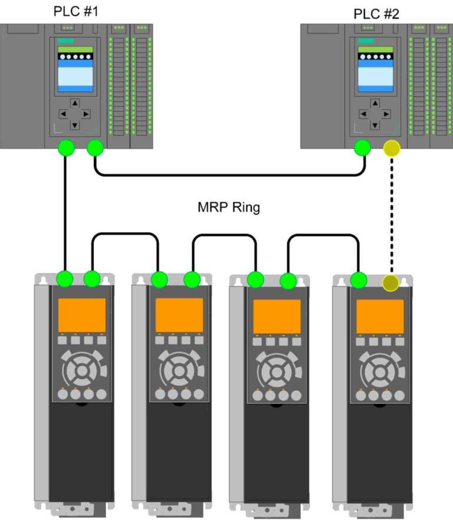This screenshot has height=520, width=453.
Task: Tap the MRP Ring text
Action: [x=228, y=208]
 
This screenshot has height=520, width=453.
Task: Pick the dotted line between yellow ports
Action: [x=391, y=215]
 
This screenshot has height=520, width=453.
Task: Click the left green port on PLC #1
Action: [x=65, y=148]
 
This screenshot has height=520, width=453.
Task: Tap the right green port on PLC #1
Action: [x=94, y=149]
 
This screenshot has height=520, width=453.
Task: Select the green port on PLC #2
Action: [x=362, y=149]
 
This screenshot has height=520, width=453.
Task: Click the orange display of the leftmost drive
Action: [x=82, y=315]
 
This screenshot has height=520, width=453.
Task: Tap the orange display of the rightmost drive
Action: [x=380, y=317]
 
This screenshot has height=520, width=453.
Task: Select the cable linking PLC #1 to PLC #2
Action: [x=230, y=175]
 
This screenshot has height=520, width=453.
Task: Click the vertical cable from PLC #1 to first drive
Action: [x=65, y=212]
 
